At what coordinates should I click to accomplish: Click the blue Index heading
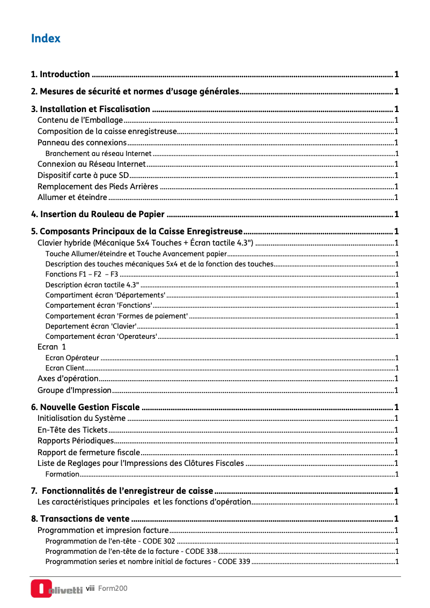tap(46, 39)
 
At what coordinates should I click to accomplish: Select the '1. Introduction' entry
tap(61, 74)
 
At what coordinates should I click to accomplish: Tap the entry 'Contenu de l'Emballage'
tap(80, 120)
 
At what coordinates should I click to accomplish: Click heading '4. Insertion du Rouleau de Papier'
tap(98, 214)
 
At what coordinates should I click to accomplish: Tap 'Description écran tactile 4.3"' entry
tap(92, 285)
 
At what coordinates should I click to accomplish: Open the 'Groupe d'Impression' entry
tap(75, 390)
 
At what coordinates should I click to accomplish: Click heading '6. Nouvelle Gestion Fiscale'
tap(86, 407)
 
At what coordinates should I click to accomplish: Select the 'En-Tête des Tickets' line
tap(72, 429)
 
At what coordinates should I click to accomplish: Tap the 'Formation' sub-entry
tap(62, 474)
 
